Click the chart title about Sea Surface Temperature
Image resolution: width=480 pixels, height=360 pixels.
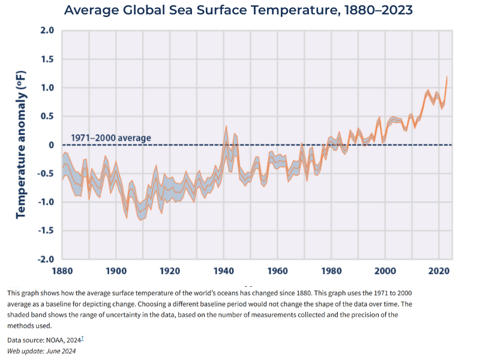pos(238,10)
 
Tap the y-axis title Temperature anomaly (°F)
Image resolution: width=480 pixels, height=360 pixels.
pos(22,145)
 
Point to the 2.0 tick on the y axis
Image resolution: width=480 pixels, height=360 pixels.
pos(47,31)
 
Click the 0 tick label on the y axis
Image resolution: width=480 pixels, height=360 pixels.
pos(51,145)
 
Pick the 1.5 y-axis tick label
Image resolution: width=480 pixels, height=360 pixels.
pos(47,59)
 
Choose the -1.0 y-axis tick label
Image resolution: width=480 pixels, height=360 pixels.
pos(45,202)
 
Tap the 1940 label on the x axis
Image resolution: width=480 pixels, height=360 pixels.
pos(223,271)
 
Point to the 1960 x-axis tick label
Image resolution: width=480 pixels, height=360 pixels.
pos(277,271)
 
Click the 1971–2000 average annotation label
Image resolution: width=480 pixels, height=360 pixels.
pos(111,138)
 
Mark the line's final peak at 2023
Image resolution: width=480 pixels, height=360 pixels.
pos(446,77)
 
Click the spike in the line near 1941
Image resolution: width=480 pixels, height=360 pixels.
pos(226,127)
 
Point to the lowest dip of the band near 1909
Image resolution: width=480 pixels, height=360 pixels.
pos(141,220)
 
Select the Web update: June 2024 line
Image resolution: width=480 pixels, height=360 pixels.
pos(41,350)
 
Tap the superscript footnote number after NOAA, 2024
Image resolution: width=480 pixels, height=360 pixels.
pos(83,338)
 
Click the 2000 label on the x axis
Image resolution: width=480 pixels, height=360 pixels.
pos(385,271)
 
